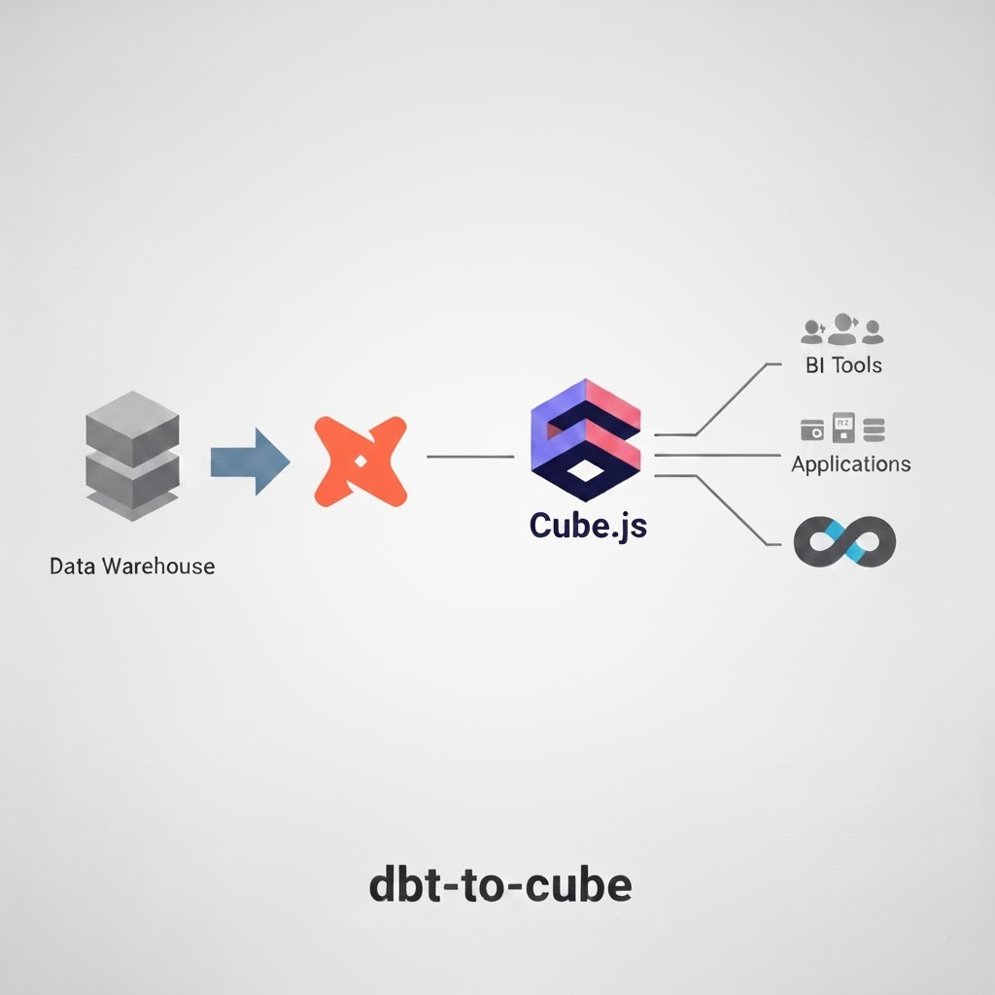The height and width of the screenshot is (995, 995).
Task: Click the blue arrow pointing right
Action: [x=249, y=461]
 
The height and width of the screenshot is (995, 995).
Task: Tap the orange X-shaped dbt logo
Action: [x=359, y=462]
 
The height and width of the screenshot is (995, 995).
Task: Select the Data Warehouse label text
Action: [x=132, y=565]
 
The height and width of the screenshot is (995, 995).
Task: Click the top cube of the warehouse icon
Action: [x=133, y=421]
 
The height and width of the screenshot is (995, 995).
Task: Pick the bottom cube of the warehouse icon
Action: [x=133, y=473]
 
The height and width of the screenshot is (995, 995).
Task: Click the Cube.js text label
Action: [x=588, y=525]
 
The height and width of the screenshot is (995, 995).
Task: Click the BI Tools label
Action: [x=843, y=365]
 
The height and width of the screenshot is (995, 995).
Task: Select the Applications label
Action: [x=851, y=463]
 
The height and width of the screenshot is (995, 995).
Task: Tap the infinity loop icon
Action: [x=843, y=541]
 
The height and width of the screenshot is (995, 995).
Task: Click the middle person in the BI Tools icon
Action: [x=843, y=328]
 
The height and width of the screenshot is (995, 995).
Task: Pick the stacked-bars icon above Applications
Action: [x=874, y=428]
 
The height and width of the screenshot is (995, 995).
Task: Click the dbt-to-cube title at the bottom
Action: [x=500, y=885]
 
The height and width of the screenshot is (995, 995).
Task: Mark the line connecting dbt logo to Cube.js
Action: [x=470, y=456]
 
